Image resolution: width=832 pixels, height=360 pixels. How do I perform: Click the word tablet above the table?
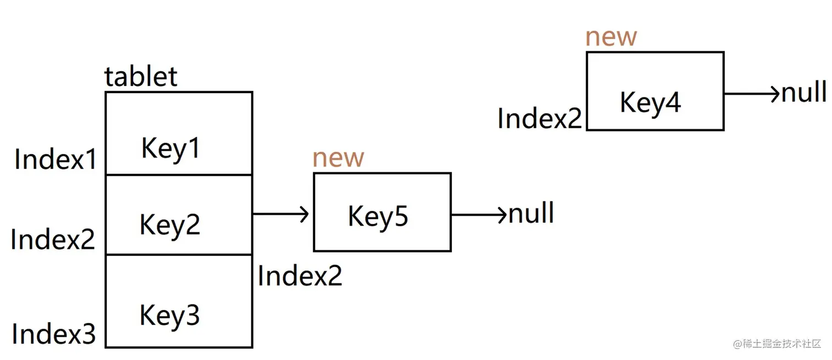(141, 77)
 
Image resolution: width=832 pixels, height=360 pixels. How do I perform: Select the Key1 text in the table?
(171, 148)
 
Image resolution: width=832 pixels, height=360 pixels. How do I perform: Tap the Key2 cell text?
(169, 225)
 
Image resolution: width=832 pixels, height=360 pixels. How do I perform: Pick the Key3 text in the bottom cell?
(169, 315)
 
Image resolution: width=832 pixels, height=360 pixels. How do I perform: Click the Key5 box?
(382, 212)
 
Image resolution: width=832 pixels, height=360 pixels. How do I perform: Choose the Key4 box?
(654, 91)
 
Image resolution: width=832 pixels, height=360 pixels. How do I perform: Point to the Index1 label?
(56, 160)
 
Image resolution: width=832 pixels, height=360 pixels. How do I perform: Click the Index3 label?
(53, 334)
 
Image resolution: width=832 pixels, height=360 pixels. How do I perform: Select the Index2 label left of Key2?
(53, 239)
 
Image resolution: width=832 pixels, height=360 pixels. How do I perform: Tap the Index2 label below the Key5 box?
(300, 276)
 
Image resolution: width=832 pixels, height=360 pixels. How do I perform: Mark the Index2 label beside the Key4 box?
(539, 118)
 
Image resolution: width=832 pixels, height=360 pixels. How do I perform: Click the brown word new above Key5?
(338, 159)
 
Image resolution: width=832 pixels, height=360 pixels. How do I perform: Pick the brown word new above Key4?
(611, 37)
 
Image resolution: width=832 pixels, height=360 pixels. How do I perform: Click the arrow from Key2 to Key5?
(281, 214)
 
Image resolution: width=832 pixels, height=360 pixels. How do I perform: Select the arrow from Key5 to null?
(478, 214)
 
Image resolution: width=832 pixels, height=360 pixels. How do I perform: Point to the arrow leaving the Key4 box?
(752, 94)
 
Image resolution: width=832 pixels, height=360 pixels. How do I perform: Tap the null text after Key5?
(531, 214)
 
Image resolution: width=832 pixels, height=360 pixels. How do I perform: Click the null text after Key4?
(804, 92)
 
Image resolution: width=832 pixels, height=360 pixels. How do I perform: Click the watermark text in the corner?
(778, 344)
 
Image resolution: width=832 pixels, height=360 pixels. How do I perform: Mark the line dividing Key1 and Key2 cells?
(179, 175)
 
